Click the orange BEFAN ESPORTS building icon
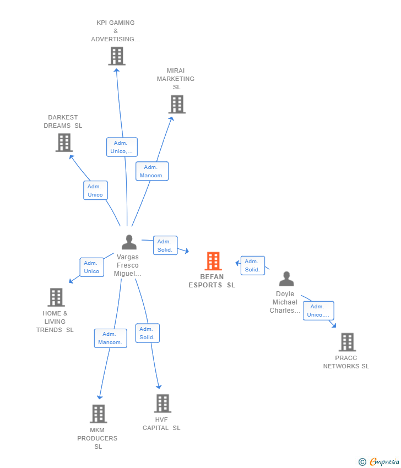tap(213, 261)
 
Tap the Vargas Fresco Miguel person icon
tap(129, 242)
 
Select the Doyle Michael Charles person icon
tap(286, 279)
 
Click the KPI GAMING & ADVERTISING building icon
tap(117, 56)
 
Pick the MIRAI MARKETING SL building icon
tap(177, 104)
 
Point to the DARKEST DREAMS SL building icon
tap(64, 143)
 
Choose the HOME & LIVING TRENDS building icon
tap(56, 297)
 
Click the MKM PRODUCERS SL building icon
tap(99, 413)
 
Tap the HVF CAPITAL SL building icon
tap(162, 403)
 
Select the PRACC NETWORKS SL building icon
tap(347, 342)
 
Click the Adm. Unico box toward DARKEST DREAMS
tap(95, 190)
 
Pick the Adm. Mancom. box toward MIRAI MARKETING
tap(152, 171)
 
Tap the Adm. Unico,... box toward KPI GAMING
tap(122, 147)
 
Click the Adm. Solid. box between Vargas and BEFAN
tap(165, 246)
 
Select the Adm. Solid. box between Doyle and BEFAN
tap(253, 265)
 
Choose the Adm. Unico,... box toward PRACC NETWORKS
tap(318, 311)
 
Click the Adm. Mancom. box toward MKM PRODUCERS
tap(111, 338)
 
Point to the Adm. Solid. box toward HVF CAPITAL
tap(148, 333)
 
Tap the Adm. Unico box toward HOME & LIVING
tap(92, 267)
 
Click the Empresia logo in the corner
tap(378, 461)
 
